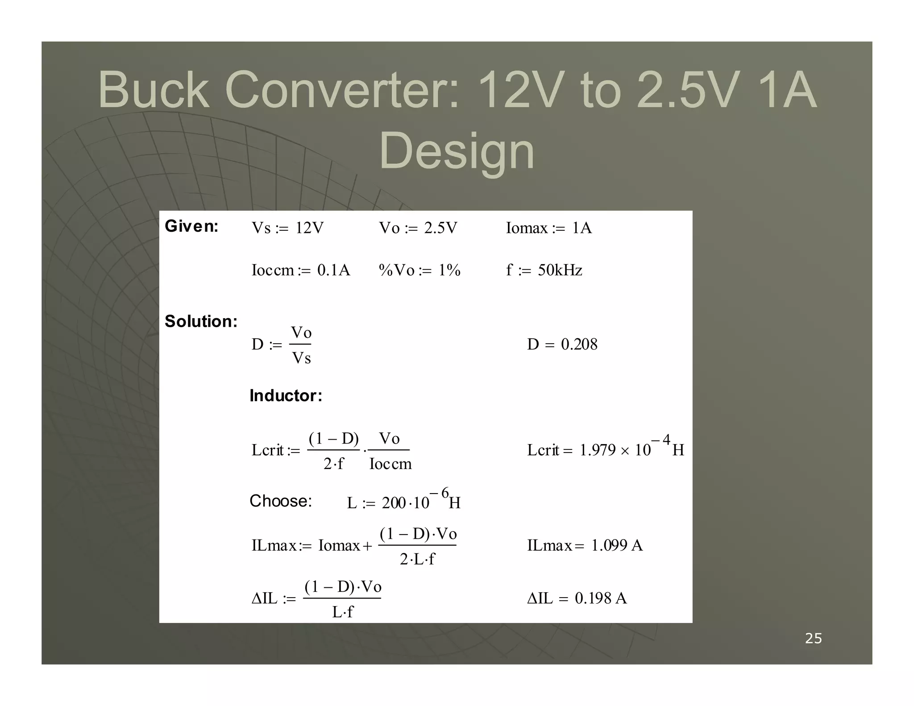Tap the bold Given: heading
[x=191, y=226]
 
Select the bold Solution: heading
[x=201, y=321]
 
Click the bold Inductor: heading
[x=286, y=395]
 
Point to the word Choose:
[x=281, y=501]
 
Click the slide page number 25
[x=813, y=639]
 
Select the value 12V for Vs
[x=309, y=228]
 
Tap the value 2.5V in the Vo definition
[x=440, y=228]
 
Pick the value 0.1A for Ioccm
[x=333, y=270]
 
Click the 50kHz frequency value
[x=560, y=270]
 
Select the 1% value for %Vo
[x=449, y=270]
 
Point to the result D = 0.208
[x=562, y=344]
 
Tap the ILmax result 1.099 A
[x=617, y=545]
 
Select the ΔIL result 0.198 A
[x=601, y=598]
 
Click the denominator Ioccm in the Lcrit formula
[x=390, y=464]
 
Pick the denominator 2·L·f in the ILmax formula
[x=417, y=559]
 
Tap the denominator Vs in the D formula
[x=301, y=358]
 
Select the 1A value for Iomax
[x=582, y=228]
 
